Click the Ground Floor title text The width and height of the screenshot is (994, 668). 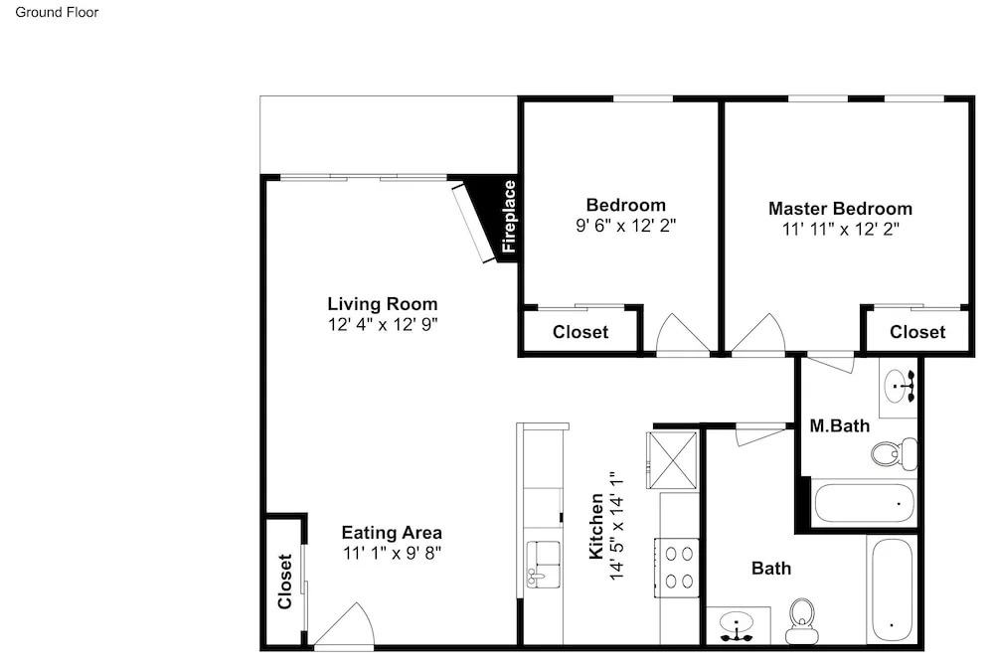57,12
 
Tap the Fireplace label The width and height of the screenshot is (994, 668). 509,217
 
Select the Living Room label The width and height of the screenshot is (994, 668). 383,303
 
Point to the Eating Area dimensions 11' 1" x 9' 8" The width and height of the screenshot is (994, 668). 392,554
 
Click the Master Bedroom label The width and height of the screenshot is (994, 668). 840,209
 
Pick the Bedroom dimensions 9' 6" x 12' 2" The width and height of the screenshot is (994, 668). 625,226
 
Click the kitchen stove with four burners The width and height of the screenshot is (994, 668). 678,568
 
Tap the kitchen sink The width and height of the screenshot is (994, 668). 544,564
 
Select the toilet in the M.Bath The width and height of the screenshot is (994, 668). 894,453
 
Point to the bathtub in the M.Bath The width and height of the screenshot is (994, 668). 864,503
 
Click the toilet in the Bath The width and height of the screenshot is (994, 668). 801,621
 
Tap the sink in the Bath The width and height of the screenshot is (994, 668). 738,625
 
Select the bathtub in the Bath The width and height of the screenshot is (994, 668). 892,590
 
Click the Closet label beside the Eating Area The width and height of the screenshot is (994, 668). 284,582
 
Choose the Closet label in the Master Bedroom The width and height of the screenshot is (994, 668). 917,332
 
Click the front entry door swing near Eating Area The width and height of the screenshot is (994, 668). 345,623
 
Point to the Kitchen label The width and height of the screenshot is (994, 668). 595,527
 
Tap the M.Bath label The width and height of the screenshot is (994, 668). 839,425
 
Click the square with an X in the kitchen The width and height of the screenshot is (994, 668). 672,459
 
